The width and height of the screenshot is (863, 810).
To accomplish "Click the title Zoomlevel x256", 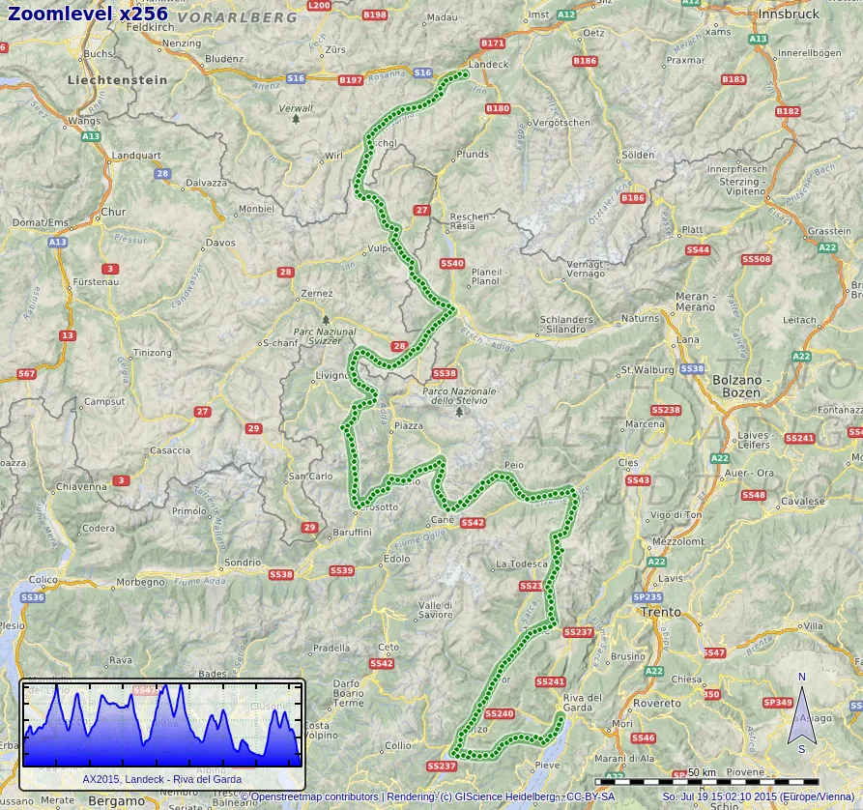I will tap(88, 14).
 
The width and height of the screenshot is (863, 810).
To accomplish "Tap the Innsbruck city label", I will tap(789, 14).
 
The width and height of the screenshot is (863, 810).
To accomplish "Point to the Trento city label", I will tap(661, 612).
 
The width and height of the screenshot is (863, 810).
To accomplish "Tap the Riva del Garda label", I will tap(583, 703).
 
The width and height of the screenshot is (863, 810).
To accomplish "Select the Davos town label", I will tap(220, 243).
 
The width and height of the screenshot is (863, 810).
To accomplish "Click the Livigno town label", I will tap(331, 376).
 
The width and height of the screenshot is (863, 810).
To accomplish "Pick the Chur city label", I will tap(113, 212).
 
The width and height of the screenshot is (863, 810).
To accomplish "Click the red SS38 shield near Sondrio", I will tap(280, 574).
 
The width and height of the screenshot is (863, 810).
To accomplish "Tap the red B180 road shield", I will tap(497, 109).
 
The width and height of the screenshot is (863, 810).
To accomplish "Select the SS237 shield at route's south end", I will tap(441, 766).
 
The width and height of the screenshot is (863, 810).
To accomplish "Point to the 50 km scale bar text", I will tap(702, 772).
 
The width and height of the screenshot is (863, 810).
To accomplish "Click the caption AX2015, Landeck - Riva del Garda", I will tap(161, 779).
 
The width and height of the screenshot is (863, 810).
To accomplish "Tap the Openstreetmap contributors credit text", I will tap(309, 796).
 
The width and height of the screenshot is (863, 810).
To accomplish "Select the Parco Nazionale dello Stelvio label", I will tap(459, 395).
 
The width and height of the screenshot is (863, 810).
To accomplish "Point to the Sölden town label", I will tap(637, 155).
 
